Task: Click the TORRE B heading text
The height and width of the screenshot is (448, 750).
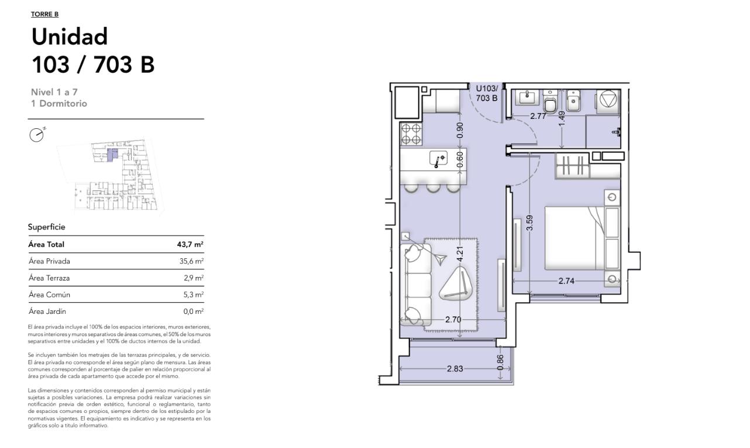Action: pyautogui.click(x=45, y=14)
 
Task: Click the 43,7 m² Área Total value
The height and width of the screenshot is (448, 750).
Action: pyautogui.click(x=190, y=244)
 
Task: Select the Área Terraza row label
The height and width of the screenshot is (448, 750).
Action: pyautogui.click(x=49, y=278)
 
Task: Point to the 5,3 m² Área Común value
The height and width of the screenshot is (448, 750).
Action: pyautogui.click(x=193, y=295)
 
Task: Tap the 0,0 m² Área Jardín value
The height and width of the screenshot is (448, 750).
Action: pyautogui.click(x=193, y=312)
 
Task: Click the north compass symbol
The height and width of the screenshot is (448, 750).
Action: pyautogui.click(x=37, y=135)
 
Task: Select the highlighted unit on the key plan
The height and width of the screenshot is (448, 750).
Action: pyautogui.click(x=113, y=155)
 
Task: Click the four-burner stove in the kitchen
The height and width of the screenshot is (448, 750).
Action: pyautogui.click(x=411, y=134)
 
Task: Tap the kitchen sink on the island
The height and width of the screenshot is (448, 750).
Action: pyautogui.click(x=439, y=159)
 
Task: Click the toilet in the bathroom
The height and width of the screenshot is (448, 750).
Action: pyautogui.click(x=550, y=101)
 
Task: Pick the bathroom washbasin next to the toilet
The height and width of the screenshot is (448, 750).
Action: pyautogui.click(x=529, y=98)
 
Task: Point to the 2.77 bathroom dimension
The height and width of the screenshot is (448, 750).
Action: pyautogui.click(x=538, y=116)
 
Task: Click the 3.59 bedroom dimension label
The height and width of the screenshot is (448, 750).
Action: pyautogui.click(x=529, y=223)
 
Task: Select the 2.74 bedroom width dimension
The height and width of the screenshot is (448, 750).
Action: pyautogui.click(x=566, y=281)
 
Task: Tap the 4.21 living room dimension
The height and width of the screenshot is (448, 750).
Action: pyautogui.click(x=460, y=254)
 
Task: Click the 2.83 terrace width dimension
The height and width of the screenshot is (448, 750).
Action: pyautogui.click(x=455, y=368)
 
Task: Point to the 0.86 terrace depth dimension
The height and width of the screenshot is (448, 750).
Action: pyautogui.click(x=500, y=362)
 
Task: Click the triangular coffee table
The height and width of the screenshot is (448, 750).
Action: pyautogui.click(x=455, y=283)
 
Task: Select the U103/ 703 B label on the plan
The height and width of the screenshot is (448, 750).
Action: pyautogui.click(x=487, y=93)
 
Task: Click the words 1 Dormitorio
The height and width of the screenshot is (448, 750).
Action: pyautogui.click(x=59, y=103)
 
